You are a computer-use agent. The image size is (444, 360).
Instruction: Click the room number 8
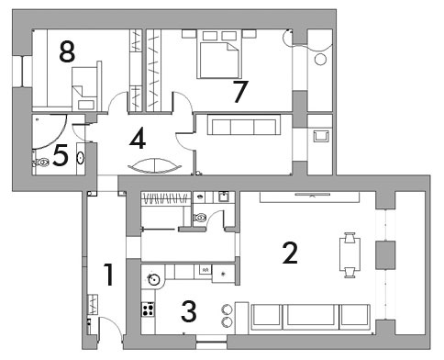67,52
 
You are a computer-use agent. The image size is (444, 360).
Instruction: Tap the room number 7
240,92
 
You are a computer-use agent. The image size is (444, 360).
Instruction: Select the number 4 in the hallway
138,140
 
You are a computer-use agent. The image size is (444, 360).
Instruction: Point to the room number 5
61,156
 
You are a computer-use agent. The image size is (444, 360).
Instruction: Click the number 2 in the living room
290,253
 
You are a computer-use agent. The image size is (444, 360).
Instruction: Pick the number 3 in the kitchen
189,311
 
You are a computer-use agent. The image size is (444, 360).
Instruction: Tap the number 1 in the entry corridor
109,275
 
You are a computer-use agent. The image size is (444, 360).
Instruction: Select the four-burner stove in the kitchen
148,309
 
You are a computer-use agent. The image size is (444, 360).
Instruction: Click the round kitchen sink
153,279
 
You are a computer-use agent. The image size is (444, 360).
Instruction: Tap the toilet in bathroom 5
41,162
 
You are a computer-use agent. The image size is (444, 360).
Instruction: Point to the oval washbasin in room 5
81,158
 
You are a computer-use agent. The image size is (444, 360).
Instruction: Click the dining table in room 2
350,254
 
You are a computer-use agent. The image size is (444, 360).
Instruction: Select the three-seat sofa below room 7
244,125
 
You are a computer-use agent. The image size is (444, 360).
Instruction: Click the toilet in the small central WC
199,218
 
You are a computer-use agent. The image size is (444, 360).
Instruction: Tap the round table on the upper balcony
320,59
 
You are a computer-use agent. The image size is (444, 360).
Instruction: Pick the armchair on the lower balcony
321,136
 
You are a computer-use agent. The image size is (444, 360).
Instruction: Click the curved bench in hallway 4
155,166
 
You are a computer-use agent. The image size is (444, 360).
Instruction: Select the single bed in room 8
84,89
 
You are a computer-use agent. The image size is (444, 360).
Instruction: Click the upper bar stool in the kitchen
228,309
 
